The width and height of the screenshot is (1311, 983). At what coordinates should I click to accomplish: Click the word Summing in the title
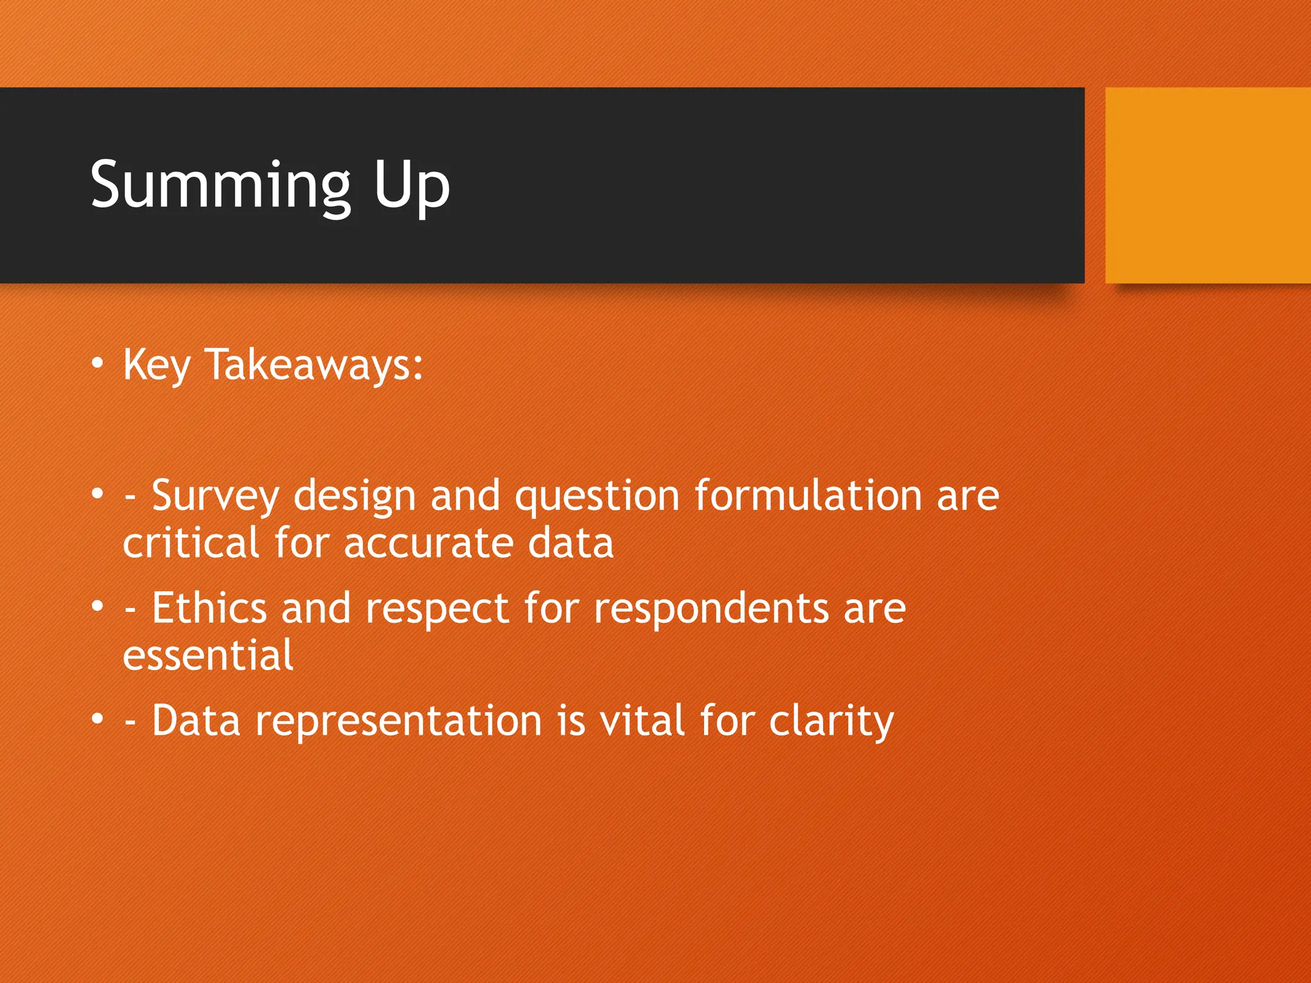click(220, 186)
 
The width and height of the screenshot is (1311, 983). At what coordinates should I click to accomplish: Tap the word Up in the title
click(412, 186)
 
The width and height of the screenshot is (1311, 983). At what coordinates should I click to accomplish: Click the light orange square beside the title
click(1207, 186)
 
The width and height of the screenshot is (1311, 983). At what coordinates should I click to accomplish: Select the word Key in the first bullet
click(157, 365)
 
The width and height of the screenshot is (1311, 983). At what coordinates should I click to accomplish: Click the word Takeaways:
click(314, 365)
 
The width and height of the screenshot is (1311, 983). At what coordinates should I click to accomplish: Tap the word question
click(597, 497)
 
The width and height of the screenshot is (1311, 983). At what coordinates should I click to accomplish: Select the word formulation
click(808, 495)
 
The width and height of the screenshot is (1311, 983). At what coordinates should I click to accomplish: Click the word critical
click(191, 543)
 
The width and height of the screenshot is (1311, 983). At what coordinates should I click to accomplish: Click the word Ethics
click(209, 607)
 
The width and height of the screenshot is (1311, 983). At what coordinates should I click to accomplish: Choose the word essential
click(208, 655)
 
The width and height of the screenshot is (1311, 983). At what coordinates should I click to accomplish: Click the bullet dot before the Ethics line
click(97, 605)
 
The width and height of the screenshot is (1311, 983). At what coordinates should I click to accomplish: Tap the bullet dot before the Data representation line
click(97, 718)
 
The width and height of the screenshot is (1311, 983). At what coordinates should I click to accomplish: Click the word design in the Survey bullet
click(355, 497)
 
